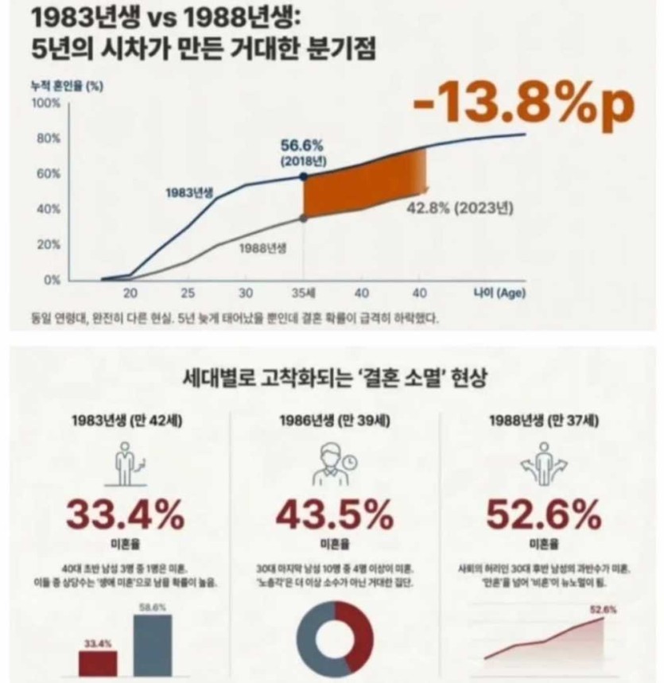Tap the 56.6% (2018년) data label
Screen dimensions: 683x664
point(302,151)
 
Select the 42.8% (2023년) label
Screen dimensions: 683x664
point(460,210)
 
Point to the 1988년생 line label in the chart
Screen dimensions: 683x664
point(263,247)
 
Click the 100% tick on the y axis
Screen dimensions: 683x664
point(45,103)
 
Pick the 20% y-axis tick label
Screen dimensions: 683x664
point(48,244)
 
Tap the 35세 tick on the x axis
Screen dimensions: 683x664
point(303,293)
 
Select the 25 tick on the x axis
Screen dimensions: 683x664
point(188,293)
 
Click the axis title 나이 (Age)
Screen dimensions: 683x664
point(494,293)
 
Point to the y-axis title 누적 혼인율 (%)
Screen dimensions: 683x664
point(64,87)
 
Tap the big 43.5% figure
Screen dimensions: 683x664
point(334,516)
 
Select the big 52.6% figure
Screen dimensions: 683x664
point(544,516)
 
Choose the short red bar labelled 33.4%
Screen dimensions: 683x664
point(98,662)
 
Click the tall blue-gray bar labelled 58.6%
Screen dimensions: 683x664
point(152,645)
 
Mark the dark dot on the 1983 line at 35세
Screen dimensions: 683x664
point(303,177)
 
